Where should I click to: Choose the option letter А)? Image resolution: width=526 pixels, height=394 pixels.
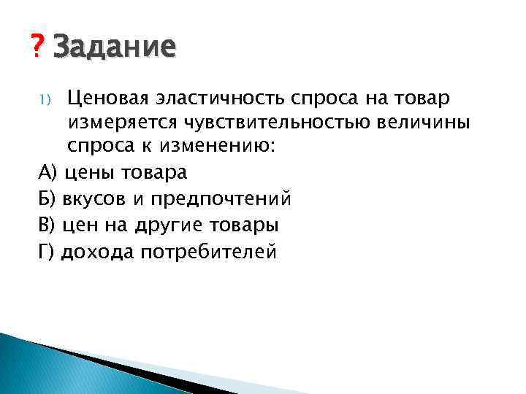pos(48,173)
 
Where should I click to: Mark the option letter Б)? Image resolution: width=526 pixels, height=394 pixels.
pos(48,198)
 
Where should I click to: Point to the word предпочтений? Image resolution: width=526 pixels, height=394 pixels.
pos(221,199)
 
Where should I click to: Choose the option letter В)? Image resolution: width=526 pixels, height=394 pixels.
pos(48,224)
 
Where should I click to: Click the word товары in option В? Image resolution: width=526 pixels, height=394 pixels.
pos(243,225)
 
